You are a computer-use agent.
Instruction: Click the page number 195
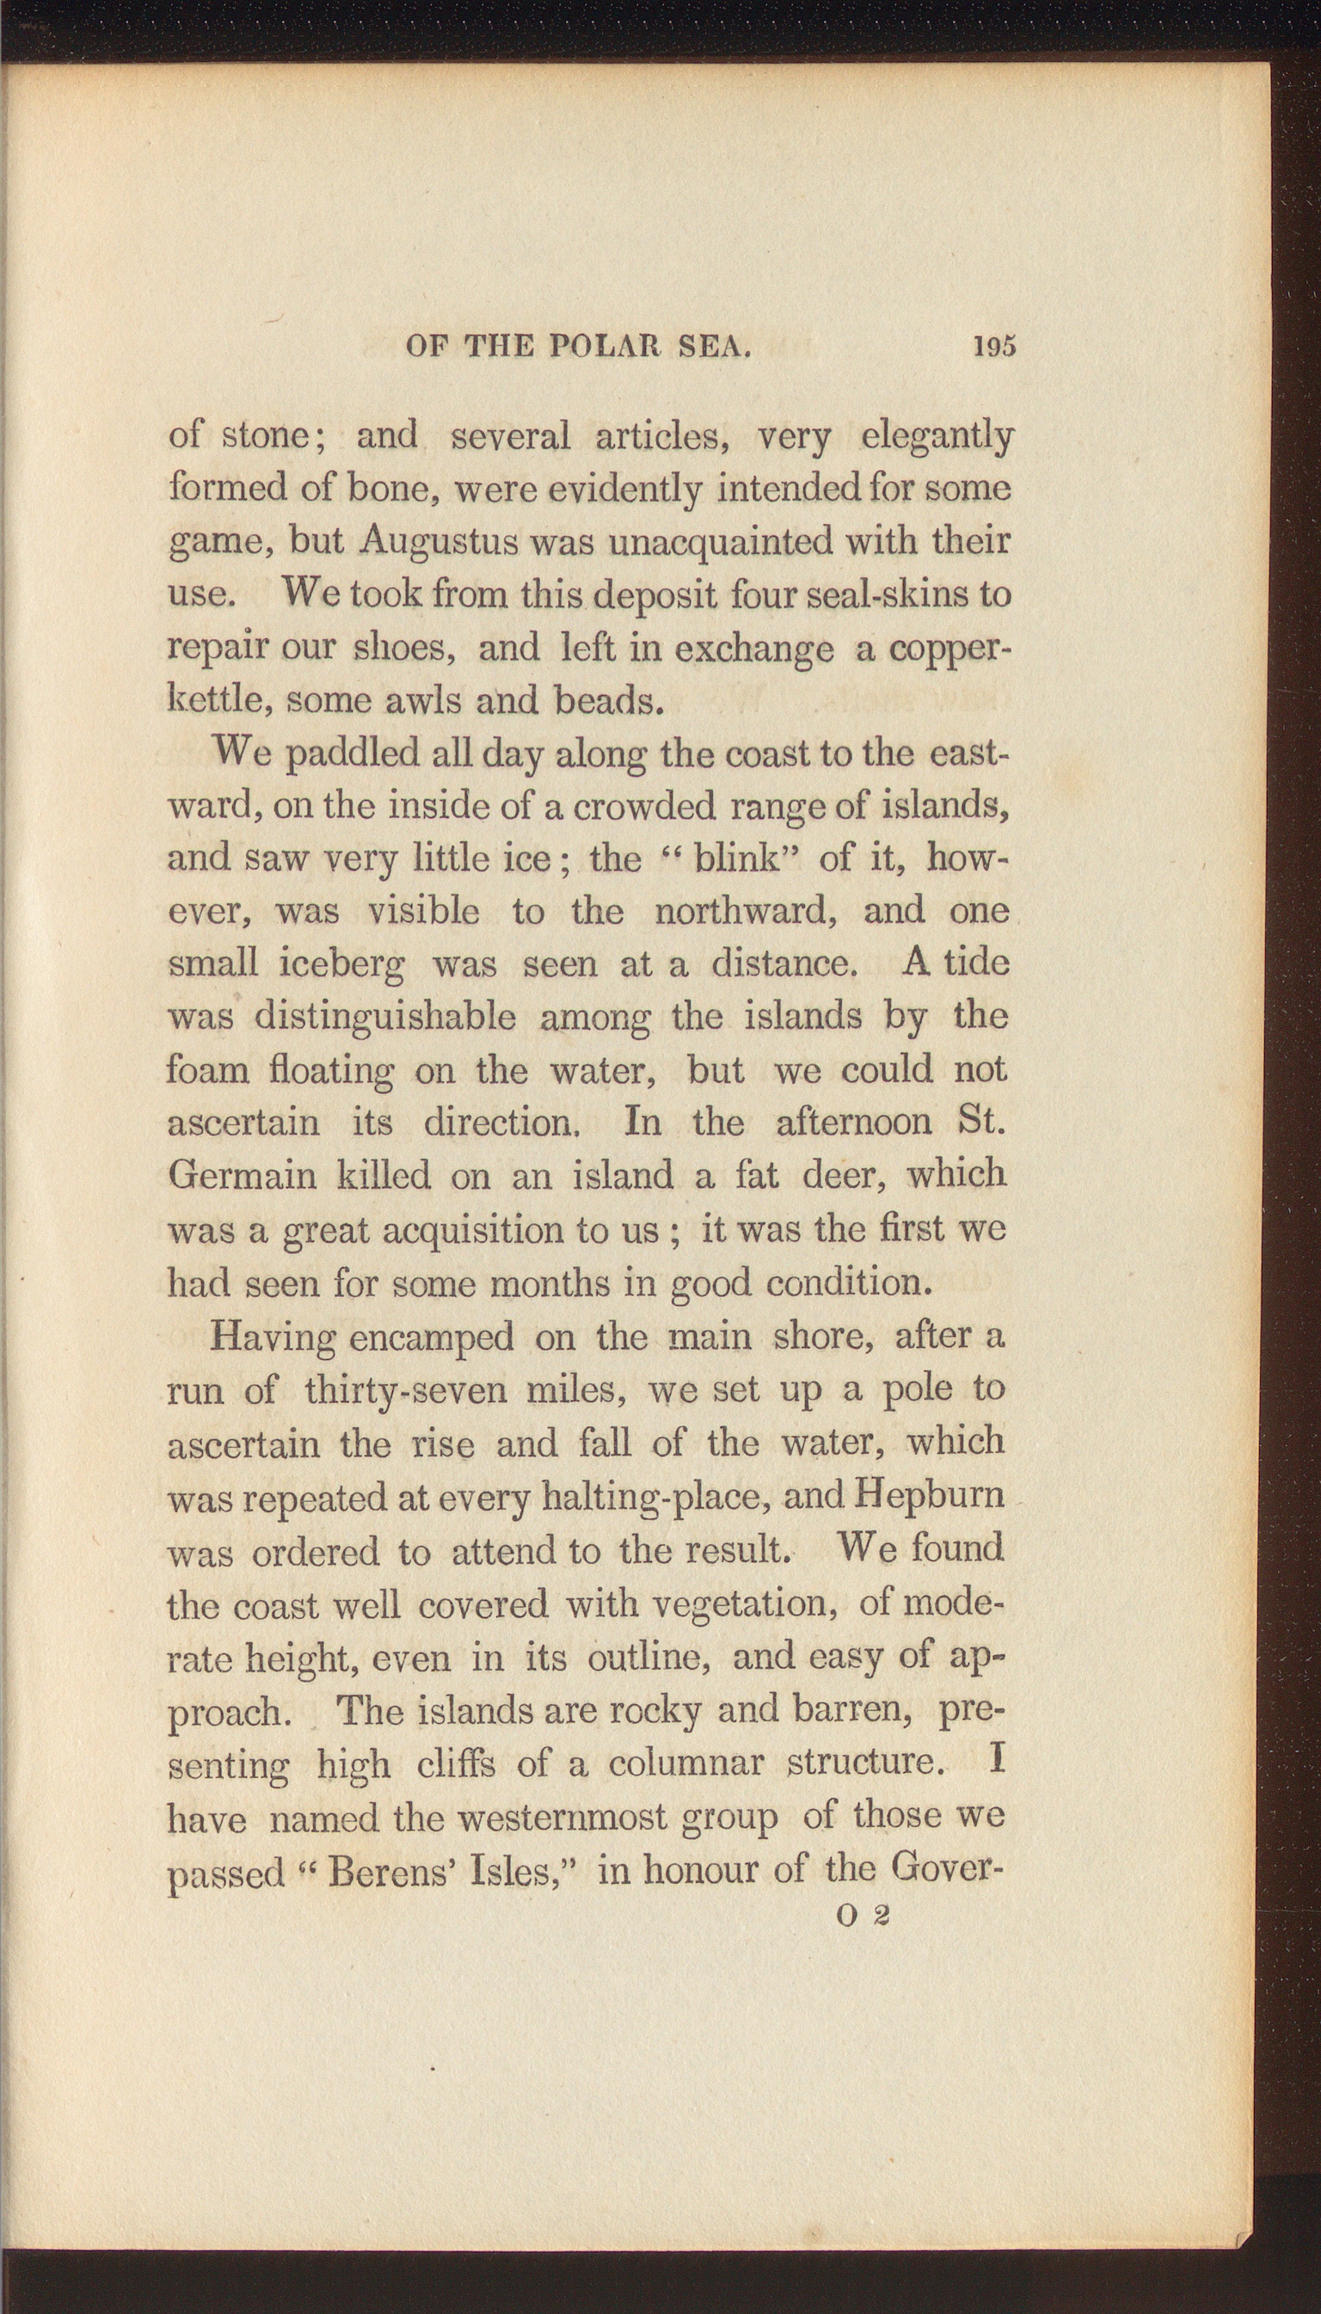pyautogui.click(x=993, y=347)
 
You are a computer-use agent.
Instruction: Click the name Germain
pyautogui.click(x=240, y=1176)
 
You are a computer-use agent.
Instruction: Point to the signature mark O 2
pyautogui.click(x=863, y=1915)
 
